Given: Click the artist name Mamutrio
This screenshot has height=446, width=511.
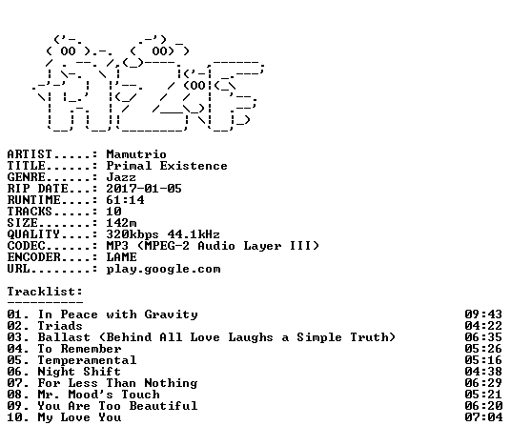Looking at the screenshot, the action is [x=136, y=154].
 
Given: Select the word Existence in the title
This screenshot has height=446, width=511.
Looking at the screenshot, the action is [x=194, y=166].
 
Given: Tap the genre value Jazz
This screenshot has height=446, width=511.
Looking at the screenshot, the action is [x=121, y=177].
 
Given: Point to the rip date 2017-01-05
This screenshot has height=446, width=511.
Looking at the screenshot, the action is [x=144, y=189].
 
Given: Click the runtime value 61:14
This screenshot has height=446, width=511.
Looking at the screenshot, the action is [x=125, y=200].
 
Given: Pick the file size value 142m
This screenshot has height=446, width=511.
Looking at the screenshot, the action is [x=121, y=223].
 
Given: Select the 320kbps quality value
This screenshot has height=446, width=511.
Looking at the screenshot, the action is [x=133, y=234].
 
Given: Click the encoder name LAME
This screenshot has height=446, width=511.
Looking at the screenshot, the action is [x=121, y=257].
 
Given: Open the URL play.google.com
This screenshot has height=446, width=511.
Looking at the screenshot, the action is [x=163, y=270].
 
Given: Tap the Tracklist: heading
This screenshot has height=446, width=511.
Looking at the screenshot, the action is [x=45, y=292].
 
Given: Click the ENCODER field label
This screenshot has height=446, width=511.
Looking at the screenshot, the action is [x=34, y=257].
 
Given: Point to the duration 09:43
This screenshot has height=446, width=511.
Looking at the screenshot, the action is [x=483, y=314].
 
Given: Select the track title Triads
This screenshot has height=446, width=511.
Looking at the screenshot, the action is [x=60, y=326].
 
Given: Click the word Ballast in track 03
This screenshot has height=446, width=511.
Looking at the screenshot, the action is [x=64, y=337].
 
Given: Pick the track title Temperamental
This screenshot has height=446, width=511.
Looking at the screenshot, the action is [x=87, y=360].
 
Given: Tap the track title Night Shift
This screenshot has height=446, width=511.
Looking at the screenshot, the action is [x=79, y=372].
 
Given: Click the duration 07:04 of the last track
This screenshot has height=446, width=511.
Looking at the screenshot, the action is [x=483, y=417].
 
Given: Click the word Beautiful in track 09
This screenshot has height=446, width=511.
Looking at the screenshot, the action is [x=163, y=406].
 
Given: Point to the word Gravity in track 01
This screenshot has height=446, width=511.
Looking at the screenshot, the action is [x=171, y=315].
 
